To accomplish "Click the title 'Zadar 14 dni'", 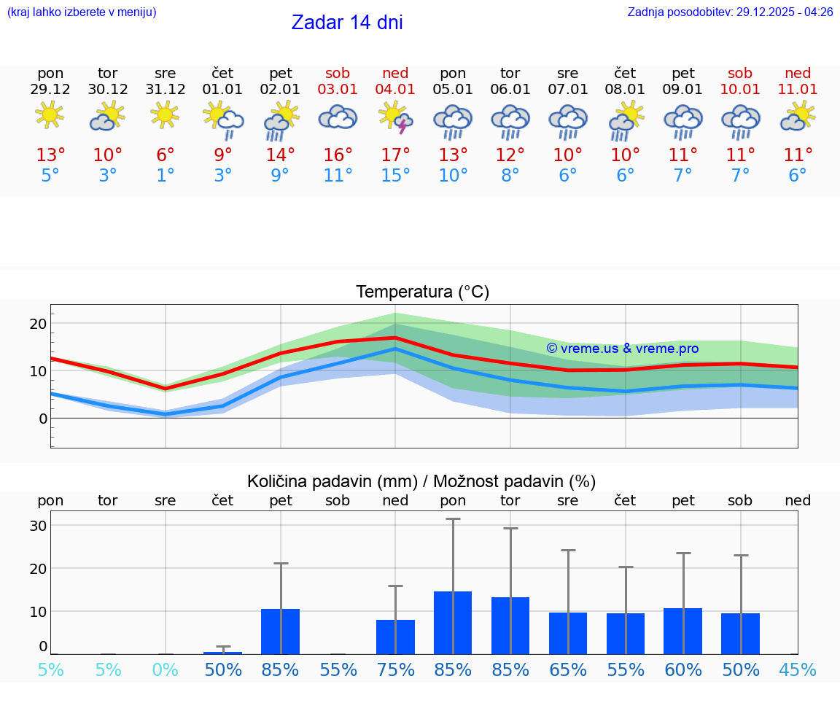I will click(347, 23).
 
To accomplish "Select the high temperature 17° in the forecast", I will click(395, 155).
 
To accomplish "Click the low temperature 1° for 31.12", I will click(166, 175).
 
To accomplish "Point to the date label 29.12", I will click(50, 89).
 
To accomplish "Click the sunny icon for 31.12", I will click(166, 115).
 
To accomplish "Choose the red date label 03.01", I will click(338, 89).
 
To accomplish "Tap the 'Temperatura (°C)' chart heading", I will click(422, 292).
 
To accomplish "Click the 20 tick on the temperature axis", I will click(38, 323).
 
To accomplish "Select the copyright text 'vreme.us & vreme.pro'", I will click(623, 349).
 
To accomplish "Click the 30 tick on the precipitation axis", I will click(38, 525).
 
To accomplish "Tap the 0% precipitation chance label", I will click(166, 669).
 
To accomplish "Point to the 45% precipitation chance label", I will click(798, 669).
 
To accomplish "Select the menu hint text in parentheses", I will click(82, 12).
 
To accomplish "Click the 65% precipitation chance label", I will click(568, 669).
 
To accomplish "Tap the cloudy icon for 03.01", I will click(338, 117).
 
